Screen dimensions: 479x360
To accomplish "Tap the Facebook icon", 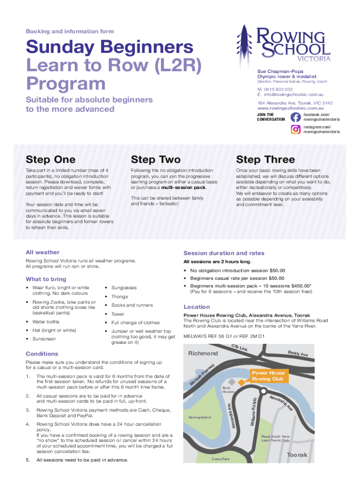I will (295, 117).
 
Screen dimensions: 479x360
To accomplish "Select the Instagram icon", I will (295, 130).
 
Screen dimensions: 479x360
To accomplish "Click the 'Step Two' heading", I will (156, 160).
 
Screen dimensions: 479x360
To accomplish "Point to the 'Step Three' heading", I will (265, 160).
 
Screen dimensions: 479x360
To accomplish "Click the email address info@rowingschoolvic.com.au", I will (293, 94).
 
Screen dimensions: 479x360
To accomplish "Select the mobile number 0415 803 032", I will (278, 89).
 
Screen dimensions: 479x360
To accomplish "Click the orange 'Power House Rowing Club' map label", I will (268, 376).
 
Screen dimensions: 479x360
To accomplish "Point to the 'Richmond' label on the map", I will (203, 353).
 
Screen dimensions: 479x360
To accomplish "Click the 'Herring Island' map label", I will (200, 417).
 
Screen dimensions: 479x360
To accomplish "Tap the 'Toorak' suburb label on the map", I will (297, 455).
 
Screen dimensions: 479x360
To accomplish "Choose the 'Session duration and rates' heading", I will (223, 253).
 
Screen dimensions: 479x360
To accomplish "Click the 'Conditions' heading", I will (42, 354).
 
